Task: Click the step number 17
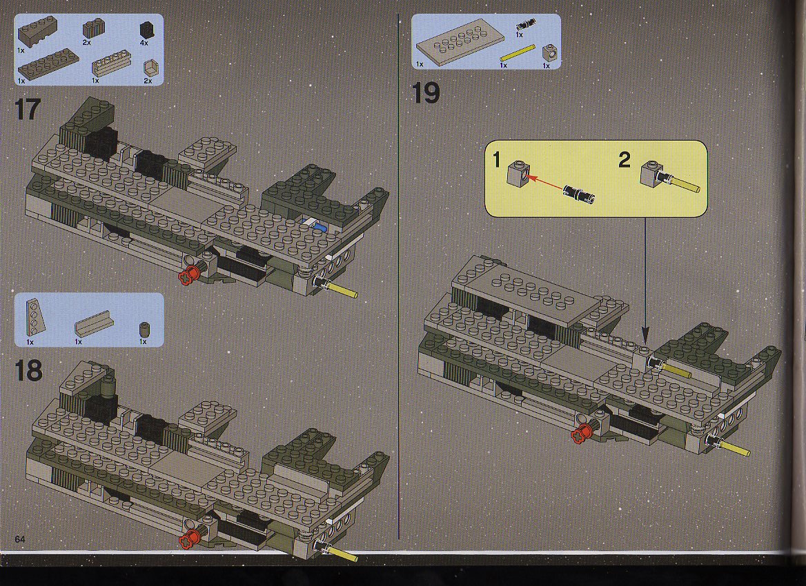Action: click(x=28, y=109)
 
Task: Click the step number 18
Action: click(x=28, y=370)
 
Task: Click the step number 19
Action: click(x=426, y=94)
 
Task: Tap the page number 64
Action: click(x=20, y=538)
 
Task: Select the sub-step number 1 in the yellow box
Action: click(x=497, y=160)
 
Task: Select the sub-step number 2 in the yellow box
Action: click(x=624, y=160)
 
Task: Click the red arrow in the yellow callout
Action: click(x=545, y=183)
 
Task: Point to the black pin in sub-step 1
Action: click(x=580, y=194)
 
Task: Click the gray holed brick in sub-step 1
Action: click(x=517, y=174)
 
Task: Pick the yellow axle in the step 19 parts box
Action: click(x=518, y=53)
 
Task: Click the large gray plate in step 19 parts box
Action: click(x=453, y=43)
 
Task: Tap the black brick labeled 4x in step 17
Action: click(x=147, y=30)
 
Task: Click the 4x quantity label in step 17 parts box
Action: click(x=144, y=43)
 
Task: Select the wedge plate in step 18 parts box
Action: click(x=35, y=317)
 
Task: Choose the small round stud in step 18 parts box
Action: click(x=144, y=329)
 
